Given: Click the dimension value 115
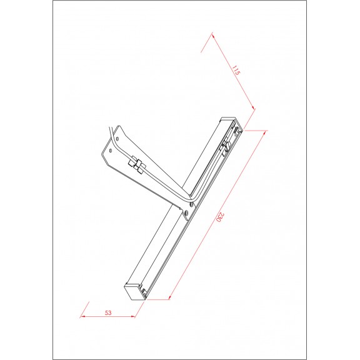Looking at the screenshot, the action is pos(236,70).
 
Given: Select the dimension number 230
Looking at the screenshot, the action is pos(220,217).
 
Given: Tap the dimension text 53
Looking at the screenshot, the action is pos(108,312).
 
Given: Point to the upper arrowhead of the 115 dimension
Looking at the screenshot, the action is pos(213,35).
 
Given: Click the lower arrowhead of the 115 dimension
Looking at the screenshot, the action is pos(253,107).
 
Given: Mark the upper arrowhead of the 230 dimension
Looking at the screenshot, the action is pos(264,132).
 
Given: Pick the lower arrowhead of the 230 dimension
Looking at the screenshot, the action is pos(169,297).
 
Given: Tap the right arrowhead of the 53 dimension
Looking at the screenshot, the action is pos(133,316).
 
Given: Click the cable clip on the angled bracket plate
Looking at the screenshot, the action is pos(137,164).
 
